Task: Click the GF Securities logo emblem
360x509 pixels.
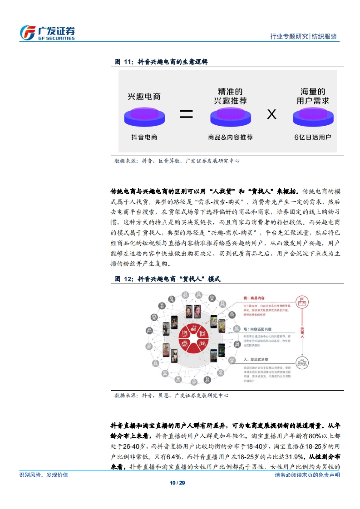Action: [x=28, y=33]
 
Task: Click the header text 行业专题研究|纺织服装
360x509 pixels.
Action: [x=303, y=36]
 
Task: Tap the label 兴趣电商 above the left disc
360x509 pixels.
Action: [x=144, y=97]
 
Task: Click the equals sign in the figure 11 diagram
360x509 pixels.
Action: [x=186, y=114]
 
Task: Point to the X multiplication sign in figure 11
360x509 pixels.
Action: [x=271, y=114]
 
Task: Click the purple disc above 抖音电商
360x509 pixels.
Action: [x=144, y=117]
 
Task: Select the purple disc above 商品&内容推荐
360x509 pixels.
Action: [x=230, y=117]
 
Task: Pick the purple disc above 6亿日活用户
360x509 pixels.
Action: [x=313, y=117]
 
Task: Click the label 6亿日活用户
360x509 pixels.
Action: [x=313, y=137]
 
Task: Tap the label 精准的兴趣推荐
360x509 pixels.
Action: [x=230, y=96]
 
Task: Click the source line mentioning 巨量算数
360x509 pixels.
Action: [x=177, y=161]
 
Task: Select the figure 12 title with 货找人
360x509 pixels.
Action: [x=168, y=279]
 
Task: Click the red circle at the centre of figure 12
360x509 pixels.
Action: [x=193, y=338]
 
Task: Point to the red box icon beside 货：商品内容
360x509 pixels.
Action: [x=302, y=302]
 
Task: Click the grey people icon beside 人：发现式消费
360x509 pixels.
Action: [x=302, y=363]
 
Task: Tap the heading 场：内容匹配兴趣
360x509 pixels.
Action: [x=257, y=329]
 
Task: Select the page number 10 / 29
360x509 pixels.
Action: [x=177, y=483]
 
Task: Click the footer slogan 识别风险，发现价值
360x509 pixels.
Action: [x=44, y=475]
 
